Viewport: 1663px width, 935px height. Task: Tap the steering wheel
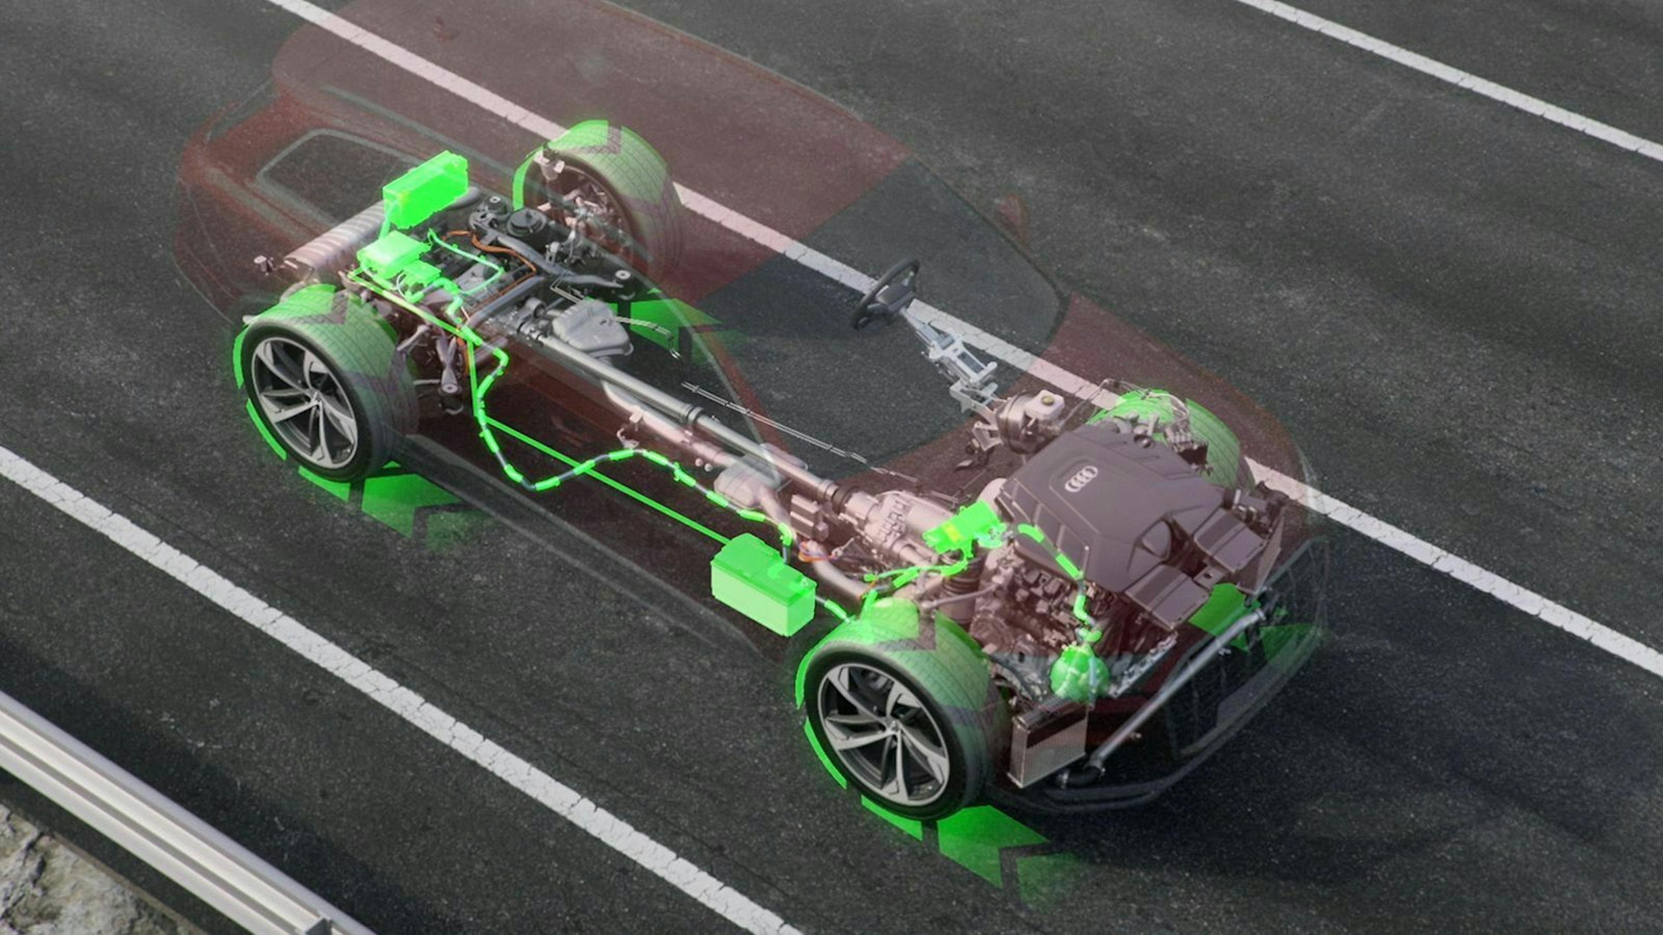(886, 294)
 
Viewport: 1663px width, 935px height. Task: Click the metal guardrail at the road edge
(162, 832)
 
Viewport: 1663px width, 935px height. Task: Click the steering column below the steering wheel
(955, 361)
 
